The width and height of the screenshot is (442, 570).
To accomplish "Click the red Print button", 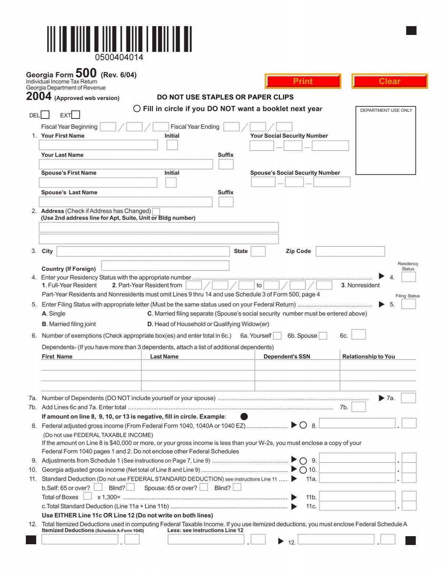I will point(303,81).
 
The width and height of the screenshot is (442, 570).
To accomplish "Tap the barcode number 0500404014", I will point(119,57).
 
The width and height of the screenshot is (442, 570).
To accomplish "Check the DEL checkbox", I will point(45,115).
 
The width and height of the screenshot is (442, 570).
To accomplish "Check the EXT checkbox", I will point(76,115).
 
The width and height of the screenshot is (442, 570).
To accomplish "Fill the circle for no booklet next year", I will point(137,109).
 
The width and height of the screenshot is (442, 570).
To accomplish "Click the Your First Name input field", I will point(98,145).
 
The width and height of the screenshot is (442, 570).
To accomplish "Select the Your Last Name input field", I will point(126,164).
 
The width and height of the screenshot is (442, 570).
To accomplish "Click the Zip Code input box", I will point(350,251).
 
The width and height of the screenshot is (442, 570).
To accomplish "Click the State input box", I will point(258,251).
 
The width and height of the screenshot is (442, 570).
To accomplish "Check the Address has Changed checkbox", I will point(156,212).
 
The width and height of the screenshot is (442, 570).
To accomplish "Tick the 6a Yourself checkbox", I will point(277,336).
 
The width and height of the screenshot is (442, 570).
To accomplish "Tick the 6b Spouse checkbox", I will point(323,336).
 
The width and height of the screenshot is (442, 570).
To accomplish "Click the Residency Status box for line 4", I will point(408,277).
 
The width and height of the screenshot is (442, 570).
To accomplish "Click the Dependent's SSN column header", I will point(287,356).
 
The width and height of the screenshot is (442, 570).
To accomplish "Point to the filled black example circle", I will point(244,417).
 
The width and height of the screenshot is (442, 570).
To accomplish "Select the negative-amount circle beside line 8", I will point(303,425).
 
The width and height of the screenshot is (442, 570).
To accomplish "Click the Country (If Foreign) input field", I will point(165,266).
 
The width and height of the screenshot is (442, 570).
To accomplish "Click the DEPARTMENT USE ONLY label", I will point(386,110).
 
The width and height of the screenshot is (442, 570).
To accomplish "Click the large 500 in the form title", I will point(86,73).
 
